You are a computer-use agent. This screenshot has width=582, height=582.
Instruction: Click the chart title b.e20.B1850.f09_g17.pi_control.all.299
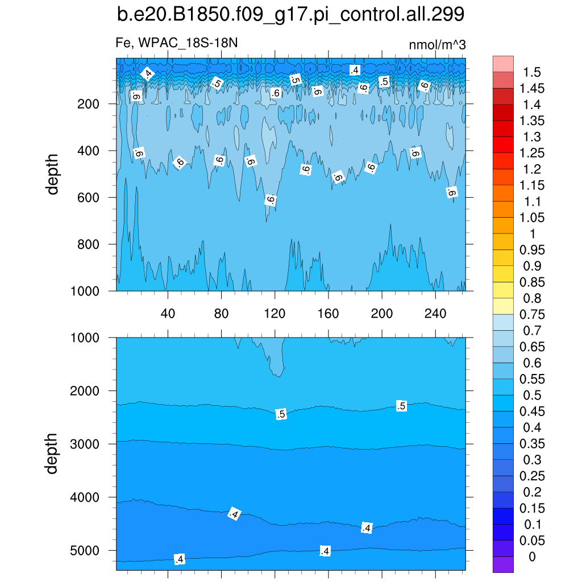pyautogui.click(x=290, y=15)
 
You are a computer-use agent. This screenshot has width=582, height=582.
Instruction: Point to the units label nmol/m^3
pyautogui.click(x=437, y=44)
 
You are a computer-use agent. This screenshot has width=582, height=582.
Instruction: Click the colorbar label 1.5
pyautogui.click(x=533, y=72)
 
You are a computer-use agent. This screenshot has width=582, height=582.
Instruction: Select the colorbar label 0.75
pyautogui.click(x=533, y=315)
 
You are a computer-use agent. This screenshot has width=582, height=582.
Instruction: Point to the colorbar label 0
pyautogui.click(x=532, y=557)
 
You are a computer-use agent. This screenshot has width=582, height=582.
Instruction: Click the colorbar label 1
pyautogui.click(x=532, y=234)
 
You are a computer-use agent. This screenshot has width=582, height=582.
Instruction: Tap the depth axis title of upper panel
pyautogui.click(x=53, y=174)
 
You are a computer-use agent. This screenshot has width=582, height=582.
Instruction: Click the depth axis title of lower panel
pyautogui.click(x=53, y=454)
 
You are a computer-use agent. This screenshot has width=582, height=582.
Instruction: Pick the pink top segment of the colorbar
pyautogui.click(x=503, y=64)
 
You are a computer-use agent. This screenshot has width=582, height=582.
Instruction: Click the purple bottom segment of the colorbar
pyautogui.click(x=503, y=564)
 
